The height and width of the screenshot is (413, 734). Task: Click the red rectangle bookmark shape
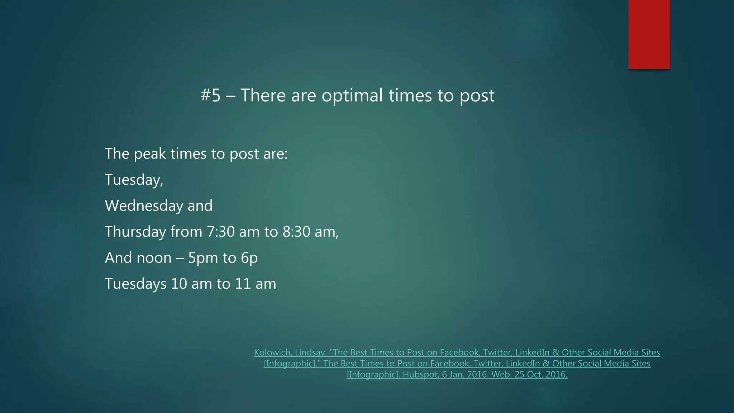point(649,34)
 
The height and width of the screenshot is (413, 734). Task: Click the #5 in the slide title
point(210,95)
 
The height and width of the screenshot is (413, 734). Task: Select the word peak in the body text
point(150,154)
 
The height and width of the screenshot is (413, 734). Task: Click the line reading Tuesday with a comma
point(134,180)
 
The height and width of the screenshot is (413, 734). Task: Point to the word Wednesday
point(143,206)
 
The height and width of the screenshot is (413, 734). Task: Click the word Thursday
point(135,232)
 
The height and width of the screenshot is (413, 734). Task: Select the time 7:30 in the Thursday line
point(220,232)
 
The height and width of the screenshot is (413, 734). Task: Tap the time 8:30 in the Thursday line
point(296,232)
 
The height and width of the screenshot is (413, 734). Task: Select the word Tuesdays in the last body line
point(135,284)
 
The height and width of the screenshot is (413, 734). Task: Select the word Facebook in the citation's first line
point(459,352)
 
